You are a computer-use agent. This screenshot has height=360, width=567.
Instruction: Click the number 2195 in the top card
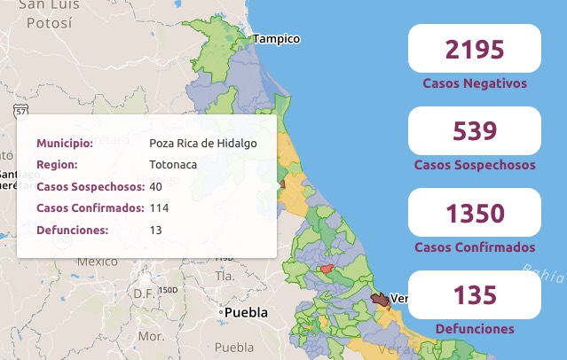[474, 50]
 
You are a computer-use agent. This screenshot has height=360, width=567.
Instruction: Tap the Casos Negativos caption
[475, 83]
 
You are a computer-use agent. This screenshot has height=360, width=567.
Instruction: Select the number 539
[474, 131]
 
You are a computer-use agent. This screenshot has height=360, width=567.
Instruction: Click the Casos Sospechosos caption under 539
[475, 165]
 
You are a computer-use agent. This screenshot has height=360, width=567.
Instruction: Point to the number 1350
[474, 214]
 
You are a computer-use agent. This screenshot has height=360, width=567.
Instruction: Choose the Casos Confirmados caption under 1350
[475, 247]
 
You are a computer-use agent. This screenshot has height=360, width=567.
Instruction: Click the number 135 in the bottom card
[474, 295]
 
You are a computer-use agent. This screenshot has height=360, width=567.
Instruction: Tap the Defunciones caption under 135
[475, 329]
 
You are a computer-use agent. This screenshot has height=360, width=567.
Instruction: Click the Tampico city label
[277, 39]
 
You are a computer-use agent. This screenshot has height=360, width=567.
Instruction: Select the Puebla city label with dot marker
[245, 313]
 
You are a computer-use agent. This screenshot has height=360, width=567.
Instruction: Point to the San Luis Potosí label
[44, 15]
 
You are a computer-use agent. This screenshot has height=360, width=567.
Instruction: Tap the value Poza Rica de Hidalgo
[203, 144]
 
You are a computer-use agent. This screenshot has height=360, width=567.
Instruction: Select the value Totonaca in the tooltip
[173, 165]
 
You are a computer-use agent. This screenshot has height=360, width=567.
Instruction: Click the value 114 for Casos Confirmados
[159, 208]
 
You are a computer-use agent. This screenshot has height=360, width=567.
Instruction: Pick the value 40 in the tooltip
[156, 187]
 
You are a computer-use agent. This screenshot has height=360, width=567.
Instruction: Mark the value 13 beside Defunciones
[156, 231]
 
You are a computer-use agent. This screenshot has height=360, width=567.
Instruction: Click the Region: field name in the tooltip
[57, 165]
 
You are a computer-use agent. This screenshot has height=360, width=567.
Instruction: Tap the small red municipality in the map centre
[327, 269]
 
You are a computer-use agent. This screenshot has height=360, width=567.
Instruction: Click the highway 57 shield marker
[20, 110]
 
